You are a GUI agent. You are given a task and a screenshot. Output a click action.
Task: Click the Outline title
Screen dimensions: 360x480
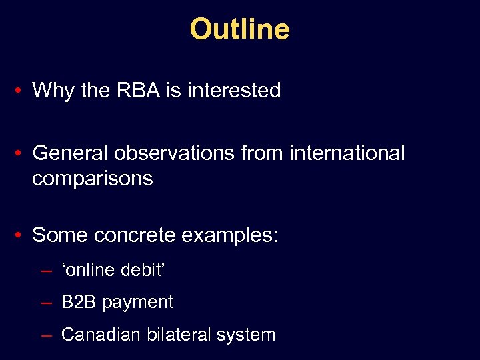[239, 29]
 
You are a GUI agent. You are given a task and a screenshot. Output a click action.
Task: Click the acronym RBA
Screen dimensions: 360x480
[137, 90]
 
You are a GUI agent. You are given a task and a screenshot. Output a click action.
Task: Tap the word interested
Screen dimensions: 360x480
[234, 90]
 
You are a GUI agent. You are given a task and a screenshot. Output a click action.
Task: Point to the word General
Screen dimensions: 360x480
[71, 153]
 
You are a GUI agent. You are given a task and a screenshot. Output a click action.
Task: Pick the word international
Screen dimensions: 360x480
[347, 153]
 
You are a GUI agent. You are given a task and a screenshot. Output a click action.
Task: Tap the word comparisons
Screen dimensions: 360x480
[92, 179]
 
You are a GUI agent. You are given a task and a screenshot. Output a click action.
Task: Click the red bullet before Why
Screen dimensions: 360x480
[22, 91]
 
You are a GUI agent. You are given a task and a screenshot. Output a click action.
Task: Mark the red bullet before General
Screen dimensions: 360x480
[22, 154]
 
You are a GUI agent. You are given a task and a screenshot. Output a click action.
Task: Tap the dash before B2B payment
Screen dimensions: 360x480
[47, 303]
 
